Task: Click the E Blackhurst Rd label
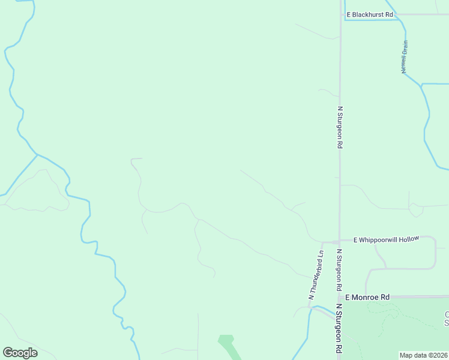coord(369,14)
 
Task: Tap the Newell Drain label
coord(405,57)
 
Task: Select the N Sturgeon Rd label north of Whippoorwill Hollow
coord(340,127)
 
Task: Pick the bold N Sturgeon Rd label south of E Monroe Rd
coord(339,330)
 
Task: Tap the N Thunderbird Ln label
coord(316,274)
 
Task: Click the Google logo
coord(20,353)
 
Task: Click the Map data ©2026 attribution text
coord(423,355)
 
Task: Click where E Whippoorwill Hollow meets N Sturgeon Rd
coord(340,241)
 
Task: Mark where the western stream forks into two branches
coord(37,155)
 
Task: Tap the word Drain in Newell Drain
coord(405,49)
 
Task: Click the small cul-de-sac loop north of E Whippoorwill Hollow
coord(415,211)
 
